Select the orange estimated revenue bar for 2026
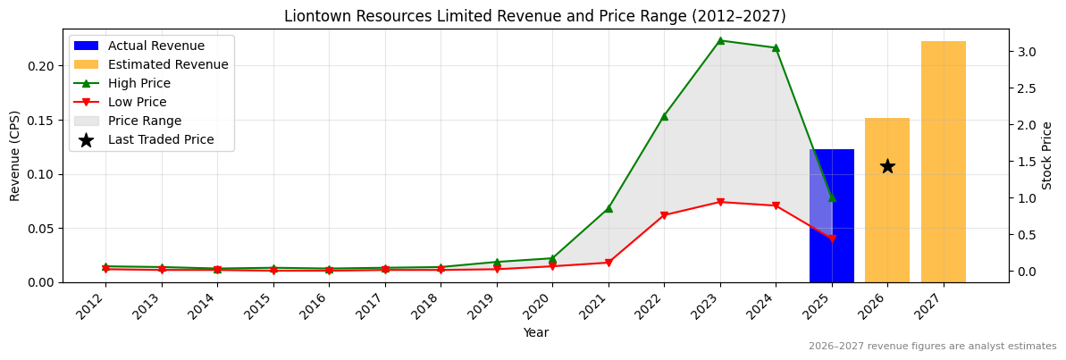pos(886,223)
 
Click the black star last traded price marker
pos(887,166)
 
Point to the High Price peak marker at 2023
pos(720,40)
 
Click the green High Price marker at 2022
pos(664,116)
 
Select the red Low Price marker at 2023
pos(720,202)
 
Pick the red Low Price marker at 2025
pos(832,239)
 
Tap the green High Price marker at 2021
pos(609,208)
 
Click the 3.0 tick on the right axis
pos(1027,52)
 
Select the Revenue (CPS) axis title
pos(15,155)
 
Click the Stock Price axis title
pos(1047,155)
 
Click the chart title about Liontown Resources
pos(534,16)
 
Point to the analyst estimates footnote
pos(932,347)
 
